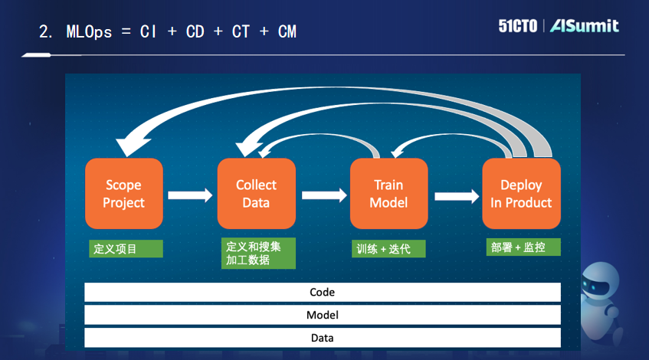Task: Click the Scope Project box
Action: [123, 193]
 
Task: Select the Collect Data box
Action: [256, 193]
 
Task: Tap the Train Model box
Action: [388, 193]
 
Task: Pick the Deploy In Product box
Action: [521, 193]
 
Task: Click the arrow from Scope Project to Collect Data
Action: [190, 195]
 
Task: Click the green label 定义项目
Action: [126, 249]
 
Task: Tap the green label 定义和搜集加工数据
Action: [258, 254]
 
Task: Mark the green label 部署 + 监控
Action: [522, 247]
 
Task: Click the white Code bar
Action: [322, 293]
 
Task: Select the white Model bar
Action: [322, 315]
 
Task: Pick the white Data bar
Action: [322, 338]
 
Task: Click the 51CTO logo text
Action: [518, 26]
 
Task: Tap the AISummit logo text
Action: [585, 26]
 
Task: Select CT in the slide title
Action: [241, 32]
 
